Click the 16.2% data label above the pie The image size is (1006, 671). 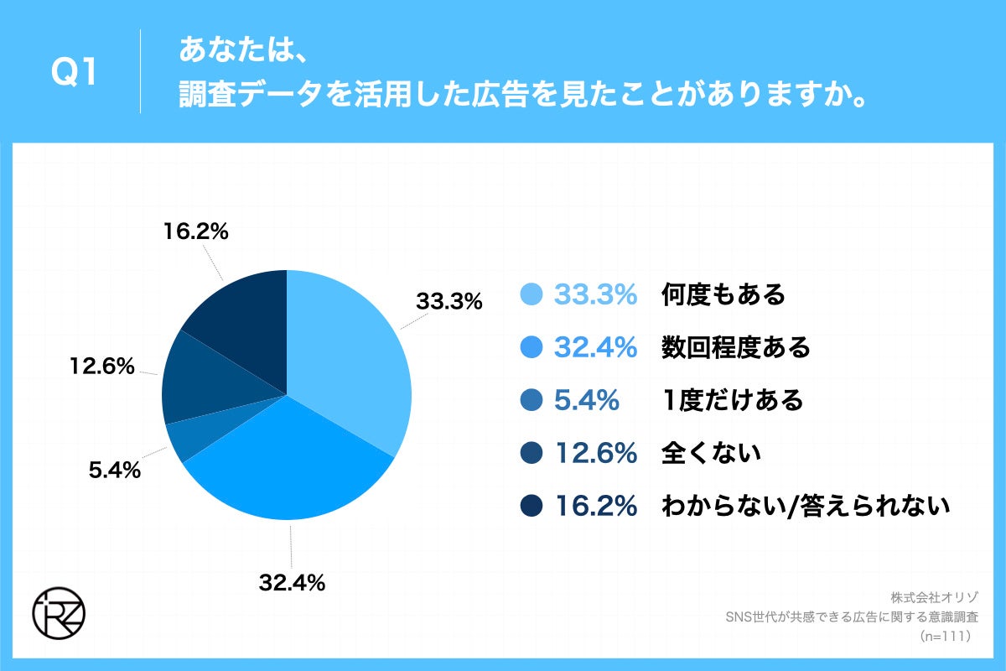194,232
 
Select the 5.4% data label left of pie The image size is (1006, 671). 113,471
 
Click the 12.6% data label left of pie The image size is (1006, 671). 101,366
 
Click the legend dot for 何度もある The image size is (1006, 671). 532,294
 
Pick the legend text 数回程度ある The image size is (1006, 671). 735,347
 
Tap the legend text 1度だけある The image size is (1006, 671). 732,400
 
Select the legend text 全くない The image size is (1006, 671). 711,453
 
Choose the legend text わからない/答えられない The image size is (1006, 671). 805,506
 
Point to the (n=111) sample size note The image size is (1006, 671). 944,637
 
